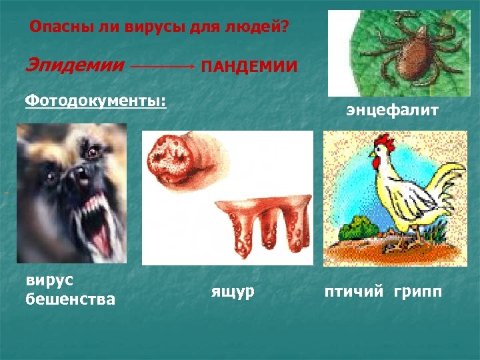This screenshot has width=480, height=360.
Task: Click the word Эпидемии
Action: coord(75,66)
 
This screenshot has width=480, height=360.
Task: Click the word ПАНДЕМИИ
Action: coord(249,67)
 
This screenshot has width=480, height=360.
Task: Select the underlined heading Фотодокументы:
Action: coord(95,102)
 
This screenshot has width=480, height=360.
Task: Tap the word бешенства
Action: coord(69,299)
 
